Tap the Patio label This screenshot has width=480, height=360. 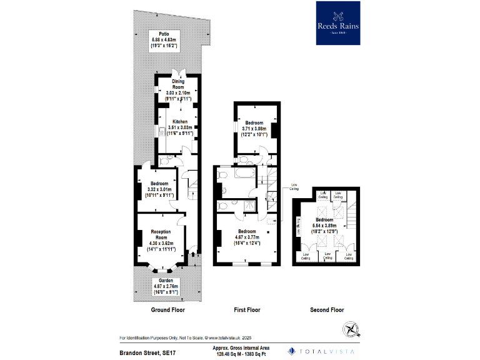coord(164,34)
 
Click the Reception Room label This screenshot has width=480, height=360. coord(161,234)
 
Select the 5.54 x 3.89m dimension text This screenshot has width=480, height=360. coord(325,226)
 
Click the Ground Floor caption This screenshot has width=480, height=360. coord(168,310)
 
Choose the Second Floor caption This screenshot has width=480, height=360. coord(327,310)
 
